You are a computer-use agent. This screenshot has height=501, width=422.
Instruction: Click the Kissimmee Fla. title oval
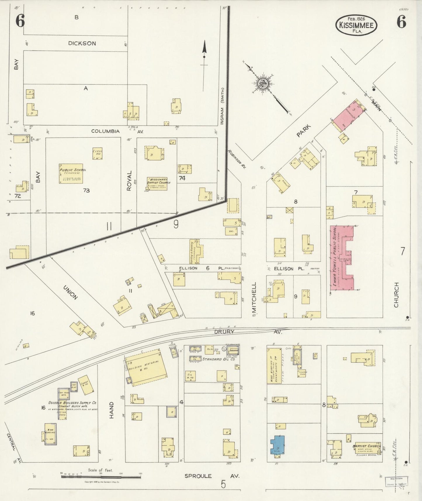click(356, 25)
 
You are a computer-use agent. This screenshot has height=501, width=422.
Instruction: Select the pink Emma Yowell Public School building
click(341, 258)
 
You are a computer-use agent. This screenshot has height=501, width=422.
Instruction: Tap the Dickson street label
click(82, 43)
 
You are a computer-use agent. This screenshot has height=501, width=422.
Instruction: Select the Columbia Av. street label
click(105, 131)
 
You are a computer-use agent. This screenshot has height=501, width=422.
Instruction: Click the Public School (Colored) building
click(71, 173)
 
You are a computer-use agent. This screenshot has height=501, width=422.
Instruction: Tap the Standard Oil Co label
click(218, 359)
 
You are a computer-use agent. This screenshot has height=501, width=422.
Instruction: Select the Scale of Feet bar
click(101, 476)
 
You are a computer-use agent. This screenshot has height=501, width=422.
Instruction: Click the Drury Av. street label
click(224, 331)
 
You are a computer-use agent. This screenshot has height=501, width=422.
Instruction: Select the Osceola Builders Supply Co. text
click(73, 403)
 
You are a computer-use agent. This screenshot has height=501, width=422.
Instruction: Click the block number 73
click(86, 191)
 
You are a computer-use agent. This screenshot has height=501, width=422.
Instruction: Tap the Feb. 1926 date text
click(356, 18)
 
